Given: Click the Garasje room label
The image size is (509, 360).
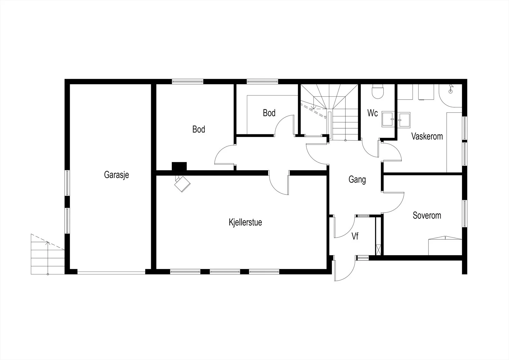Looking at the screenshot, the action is coord(116,175).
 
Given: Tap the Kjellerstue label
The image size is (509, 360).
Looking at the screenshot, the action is coord(245,222).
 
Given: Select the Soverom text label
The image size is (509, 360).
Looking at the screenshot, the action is coord(427,215).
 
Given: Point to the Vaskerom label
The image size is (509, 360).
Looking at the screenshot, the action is coord(427,136).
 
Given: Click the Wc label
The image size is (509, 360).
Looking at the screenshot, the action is coord(373,113).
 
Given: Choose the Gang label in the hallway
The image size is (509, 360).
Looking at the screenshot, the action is coord(357,180).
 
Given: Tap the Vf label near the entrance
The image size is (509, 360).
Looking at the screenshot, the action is coord(355,236).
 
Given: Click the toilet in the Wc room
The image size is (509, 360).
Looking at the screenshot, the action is coord(378,91).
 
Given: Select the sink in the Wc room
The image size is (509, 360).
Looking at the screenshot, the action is coord(388,119).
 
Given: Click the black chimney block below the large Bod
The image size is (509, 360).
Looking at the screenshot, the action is coord(179,166).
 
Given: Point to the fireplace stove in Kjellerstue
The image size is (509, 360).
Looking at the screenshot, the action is coord(182,184).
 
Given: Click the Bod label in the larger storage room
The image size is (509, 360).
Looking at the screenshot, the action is coord(199,129).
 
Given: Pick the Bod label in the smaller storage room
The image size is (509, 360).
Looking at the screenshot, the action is coord(269,113).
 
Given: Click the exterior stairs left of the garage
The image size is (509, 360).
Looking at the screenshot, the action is coord(48,254).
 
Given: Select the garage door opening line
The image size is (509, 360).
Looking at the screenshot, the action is coord(111,272).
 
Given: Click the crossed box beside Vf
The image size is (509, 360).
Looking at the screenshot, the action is coord(378,250).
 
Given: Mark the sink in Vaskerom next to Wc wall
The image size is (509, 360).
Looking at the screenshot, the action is coord(404,120).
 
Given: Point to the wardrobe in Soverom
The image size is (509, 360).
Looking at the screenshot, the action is coord(445,246).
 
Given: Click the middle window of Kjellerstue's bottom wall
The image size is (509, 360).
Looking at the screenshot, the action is coord(225,272).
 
